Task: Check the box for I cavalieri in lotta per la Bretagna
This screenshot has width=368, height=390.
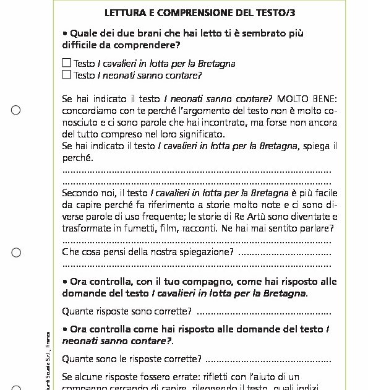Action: (x=67, y=63)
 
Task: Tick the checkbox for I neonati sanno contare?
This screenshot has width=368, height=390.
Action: (x=67, y=75)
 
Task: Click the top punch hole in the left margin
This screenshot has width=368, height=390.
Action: (x=16, y=110)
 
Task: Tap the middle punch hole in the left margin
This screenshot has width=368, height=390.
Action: (x=16, y=252)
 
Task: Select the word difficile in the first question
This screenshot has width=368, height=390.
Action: (x=82, y=45)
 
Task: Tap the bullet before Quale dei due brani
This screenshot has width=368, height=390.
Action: (x=65, y=33)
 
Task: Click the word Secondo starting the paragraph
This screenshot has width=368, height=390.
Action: (x=80, y=193)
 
